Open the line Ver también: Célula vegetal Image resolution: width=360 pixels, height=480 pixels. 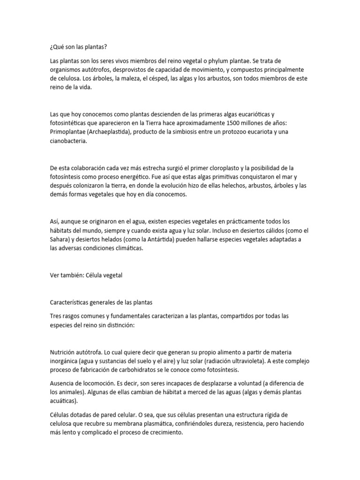85,275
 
